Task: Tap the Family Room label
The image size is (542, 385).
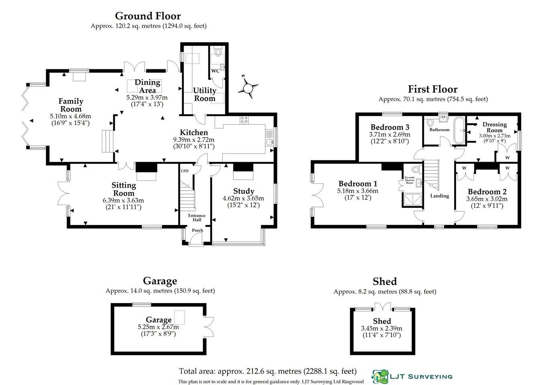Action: (x=71, y=105)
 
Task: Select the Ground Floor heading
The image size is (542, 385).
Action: (x=148, y=16)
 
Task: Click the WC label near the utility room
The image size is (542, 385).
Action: (x=215, y=71)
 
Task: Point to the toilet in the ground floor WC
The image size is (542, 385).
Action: (x=218, y=52)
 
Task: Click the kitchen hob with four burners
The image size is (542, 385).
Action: (x=244, y=119)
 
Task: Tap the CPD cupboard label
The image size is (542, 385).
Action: (x=184, y=171)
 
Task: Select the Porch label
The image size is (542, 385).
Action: (x=197, y=230)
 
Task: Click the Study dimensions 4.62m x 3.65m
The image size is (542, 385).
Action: (x=243, y=198)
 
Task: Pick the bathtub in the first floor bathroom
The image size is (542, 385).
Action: (x=459, y=130)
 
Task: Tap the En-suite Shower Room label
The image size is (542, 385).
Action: (x=409, y=180)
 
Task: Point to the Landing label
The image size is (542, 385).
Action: (x=440, y=196)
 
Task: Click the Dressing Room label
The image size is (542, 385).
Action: (x=495, y=127)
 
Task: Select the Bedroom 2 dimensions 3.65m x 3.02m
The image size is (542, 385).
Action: (x=487, y=199)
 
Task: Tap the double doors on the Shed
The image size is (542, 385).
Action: (x=382, y=307)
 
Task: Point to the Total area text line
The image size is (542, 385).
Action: (x=267, y=371)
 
